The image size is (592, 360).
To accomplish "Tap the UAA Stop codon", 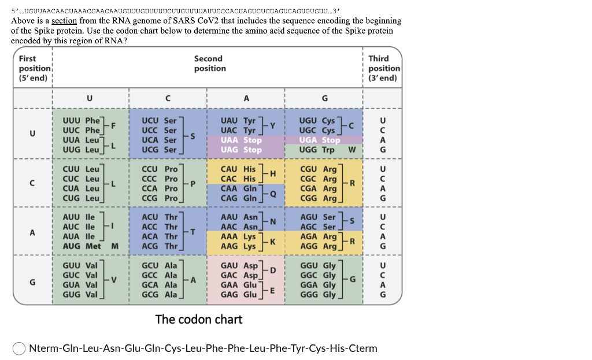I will point(241,140).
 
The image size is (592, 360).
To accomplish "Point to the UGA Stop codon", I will point(319,140).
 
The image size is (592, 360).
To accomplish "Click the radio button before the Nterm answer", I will point(19,348).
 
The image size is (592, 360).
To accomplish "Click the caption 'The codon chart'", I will point(198,319).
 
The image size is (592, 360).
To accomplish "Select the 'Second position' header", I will point(209,64).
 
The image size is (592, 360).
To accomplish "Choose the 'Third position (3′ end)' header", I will point(383,68).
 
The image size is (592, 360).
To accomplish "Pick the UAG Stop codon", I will point(241,150).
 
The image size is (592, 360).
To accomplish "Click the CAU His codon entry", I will point(238,169).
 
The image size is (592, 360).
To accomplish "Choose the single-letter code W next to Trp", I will point(352,150).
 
